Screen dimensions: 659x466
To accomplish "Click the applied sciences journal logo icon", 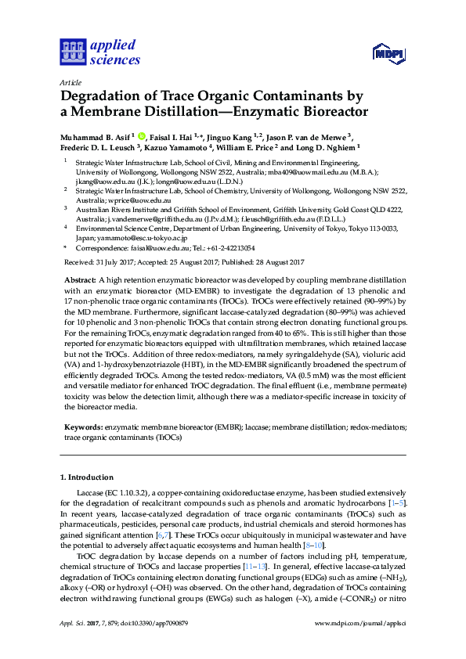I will tap(72, 52).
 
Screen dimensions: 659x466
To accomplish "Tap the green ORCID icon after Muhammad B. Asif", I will tap(141, 135).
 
